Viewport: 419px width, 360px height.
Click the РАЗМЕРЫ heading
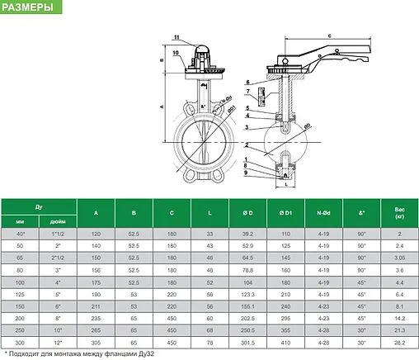[31, 8]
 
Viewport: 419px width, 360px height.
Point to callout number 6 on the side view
[247, 82]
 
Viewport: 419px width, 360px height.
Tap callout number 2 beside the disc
[247, 144]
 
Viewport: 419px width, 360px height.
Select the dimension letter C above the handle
[328, 36]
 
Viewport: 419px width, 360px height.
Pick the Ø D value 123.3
[248, 293]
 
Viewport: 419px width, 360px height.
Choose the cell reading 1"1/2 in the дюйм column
[58, 234]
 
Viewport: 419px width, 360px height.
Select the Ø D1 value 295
[285, 317]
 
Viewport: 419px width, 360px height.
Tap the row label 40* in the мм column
[20, 234]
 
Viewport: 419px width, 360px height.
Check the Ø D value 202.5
[248, 317]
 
